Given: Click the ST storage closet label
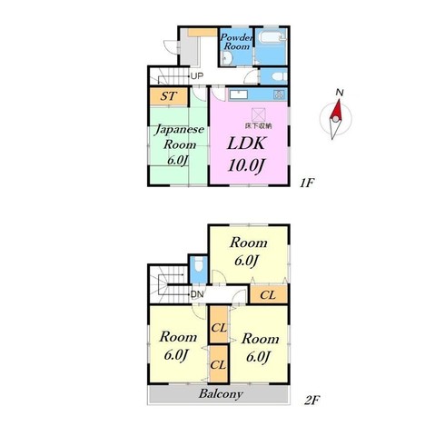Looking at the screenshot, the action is pos(168,96).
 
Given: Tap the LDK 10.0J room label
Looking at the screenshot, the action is pos(246,154).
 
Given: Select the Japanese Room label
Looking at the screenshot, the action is pos(179,144).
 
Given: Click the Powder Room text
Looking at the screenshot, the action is pos(236,42).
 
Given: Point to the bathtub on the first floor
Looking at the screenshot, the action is pos(272,38).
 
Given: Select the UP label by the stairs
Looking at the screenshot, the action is pos(197,76).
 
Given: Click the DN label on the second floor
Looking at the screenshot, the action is pos(197,294).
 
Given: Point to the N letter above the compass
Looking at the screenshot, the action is pos(340,93).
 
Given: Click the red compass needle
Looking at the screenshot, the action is pos(336,110).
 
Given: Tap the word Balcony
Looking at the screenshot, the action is pos(221,394).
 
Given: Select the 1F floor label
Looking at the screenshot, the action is pos(307,183).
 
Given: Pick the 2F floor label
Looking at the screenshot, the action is pos(311,401).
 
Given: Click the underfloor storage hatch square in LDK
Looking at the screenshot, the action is pos(259,115).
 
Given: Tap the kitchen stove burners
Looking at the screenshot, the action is pos(279,94).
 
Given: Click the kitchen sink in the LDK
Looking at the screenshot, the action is pos(239,94).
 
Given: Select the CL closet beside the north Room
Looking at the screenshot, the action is pos(268,294).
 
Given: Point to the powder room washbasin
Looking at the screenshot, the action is pos(226,58).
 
